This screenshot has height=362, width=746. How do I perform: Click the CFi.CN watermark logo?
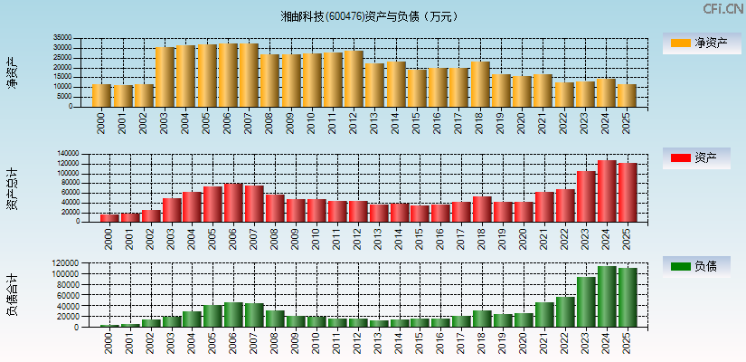(722, 9)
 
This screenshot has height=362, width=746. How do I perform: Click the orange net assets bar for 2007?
(249, 75)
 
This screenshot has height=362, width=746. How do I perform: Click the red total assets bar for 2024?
(607, 191)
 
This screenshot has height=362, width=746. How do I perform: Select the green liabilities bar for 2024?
(607, 297)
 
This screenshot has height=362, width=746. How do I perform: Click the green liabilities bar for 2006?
(232, 315)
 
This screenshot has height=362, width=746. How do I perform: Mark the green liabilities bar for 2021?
(544, 315)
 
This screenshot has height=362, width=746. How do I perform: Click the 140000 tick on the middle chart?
(67, 154)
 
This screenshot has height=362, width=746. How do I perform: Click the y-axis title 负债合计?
(12, 295)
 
